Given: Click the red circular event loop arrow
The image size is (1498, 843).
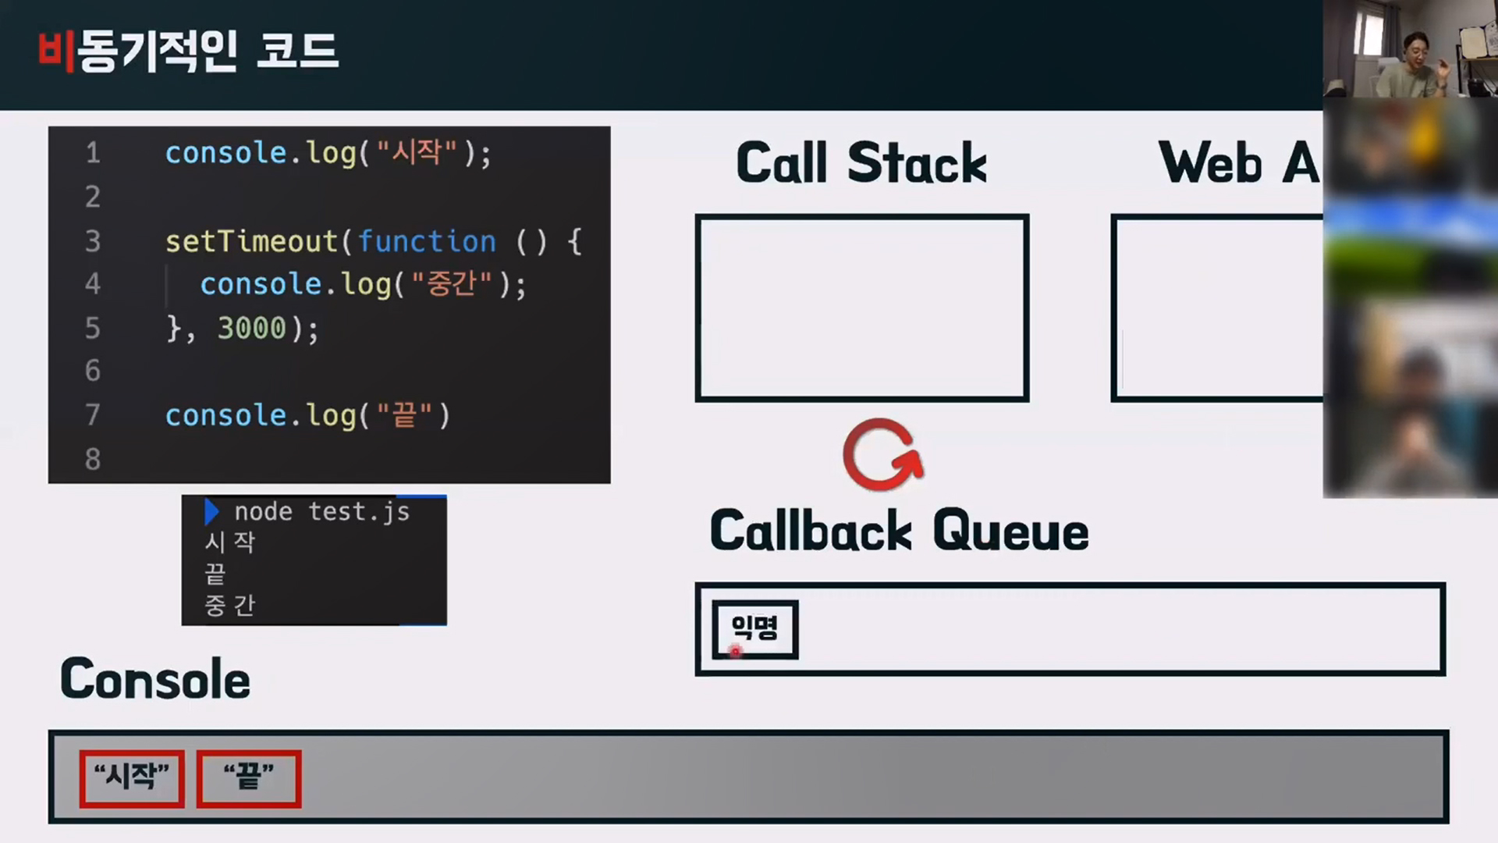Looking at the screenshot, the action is [882, 455].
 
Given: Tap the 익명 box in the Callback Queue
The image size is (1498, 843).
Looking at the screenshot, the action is [754, 629].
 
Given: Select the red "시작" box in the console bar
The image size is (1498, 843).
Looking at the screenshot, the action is [132, 778].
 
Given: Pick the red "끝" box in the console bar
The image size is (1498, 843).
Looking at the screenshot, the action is [249, 778].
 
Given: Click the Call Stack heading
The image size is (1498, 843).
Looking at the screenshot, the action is [861, 163].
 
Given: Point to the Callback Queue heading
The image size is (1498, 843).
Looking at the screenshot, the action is [899, 531].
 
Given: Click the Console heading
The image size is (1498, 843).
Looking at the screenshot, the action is [155, 679].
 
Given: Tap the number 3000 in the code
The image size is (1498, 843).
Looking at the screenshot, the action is [251, 328].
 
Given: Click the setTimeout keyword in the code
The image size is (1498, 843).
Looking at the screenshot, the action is [251, 241].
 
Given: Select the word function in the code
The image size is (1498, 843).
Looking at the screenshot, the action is [427, 241].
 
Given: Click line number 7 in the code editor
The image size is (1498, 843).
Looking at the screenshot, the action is [93, 414].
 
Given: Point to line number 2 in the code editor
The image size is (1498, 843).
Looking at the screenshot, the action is [93, 197].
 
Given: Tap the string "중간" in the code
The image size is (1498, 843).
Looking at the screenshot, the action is [452, 284].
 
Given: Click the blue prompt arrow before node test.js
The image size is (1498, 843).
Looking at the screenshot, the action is [211, 512].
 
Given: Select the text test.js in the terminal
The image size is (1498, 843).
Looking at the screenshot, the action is [359, 512].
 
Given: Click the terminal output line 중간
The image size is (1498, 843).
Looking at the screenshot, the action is [229, 605].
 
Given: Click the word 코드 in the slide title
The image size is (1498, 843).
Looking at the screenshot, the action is [297, 52].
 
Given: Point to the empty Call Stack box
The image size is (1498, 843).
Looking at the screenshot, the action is [862, 308].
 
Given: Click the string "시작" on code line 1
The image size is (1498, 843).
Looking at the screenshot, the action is [417, 152].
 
